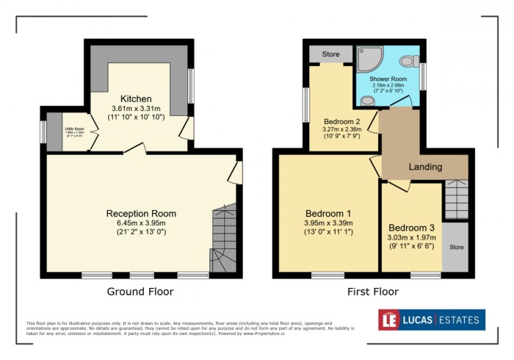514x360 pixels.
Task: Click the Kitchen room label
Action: click(x=136, y=98)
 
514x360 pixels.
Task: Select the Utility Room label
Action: click(x=73, y=129)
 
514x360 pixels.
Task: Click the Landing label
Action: click(x=425, y=167)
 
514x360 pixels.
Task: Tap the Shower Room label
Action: click(x=388, y=78)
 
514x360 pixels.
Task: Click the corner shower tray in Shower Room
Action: click(x=366, y=57)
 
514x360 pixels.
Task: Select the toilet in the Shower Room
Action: click(x=413, y=60)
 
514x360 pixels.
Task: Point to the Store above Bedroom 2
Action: click(x=329, y=54)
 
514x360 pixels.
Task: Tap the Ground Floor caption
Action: click(x=141, y=292)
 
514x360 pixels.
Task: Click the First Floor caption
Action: click(x=372, y=292)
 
